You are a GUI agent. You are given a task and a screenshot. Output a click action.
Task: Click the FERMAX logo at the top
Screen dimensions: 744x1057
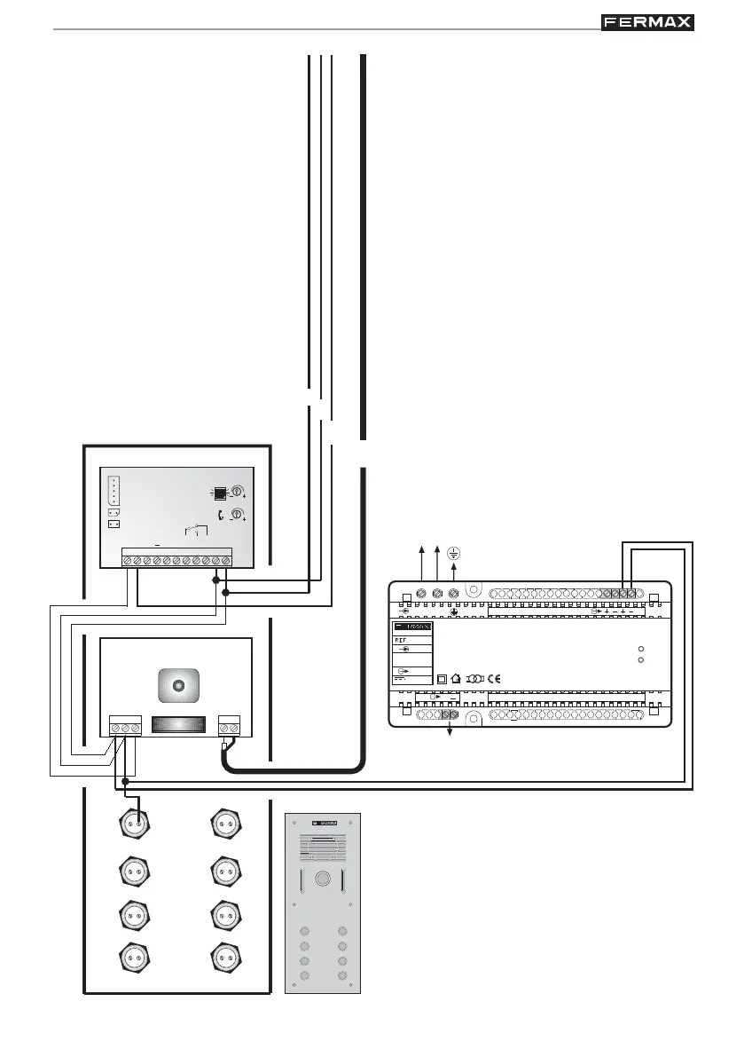tap(647, 22)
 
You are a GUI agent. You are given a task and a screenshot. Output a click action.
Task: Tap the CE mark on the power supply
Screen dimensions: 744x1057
tap(494, 679)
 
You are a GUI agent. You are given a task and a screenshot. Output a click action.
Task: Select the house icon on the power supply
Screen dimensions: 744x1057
tap(456, 679)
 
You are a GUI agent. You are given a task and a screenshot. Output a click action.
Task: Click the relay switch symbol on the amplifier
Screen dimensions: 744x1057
tap(195, 531)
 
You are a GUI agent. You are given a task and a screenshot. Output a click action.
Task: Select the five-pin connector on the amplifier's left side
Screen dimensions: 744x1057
tap(112, 490)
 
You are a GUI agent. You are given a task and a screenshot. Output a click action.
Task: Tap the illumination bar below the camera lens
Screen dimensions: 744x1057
tap(176, 724)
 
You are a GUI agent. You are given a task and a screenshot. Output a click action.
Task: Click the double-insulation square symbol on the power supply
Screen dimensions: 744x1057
tap(441, 679)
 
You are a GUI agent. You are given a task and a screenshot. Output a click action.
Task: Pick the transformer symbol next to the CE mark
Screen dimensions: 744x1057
tap(474, 679)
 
